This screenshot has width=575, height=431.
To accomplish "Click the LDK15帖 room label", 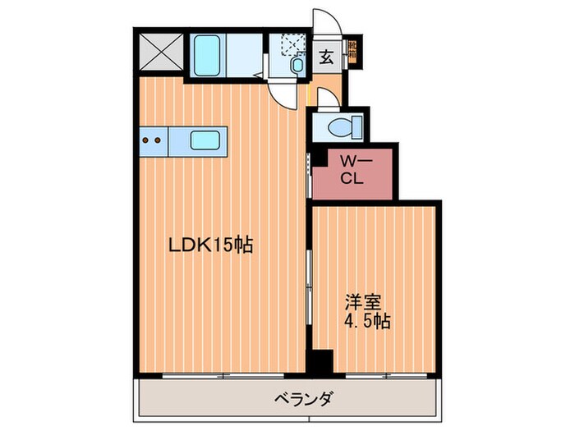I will (x=209, y=244).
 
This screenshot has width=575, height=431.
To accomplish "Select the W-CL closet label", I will (x=354, y=171).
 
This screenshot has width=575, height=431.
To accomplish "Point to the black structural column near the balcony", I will (x=320, y=361).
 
